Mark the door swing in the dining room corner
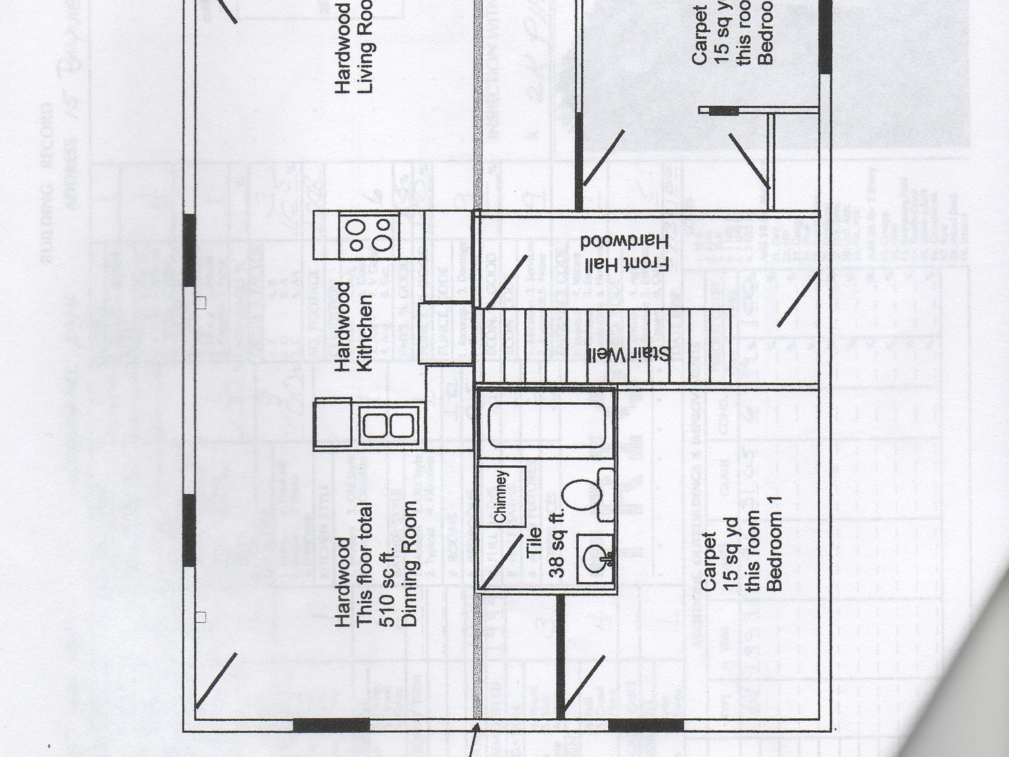(216, 679)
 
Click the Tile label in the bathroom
(534, 542)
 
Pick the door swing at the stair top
(506, 282)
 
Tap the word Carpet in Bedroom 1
(708, 561)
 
